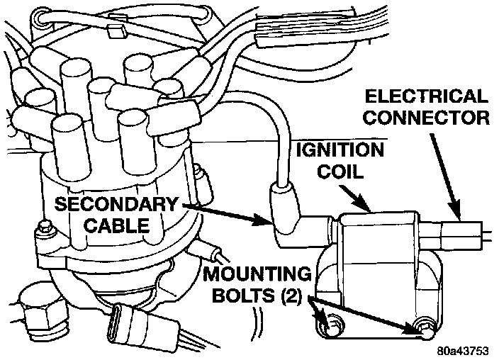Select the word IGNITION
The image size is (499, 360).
click(340, 150)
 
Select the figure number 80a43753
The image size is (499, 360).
click(465, 349)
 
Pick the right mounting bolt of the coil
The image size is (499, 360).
click(425, 327)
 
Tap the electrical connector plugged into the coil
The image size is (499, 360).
click(460, 233)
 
